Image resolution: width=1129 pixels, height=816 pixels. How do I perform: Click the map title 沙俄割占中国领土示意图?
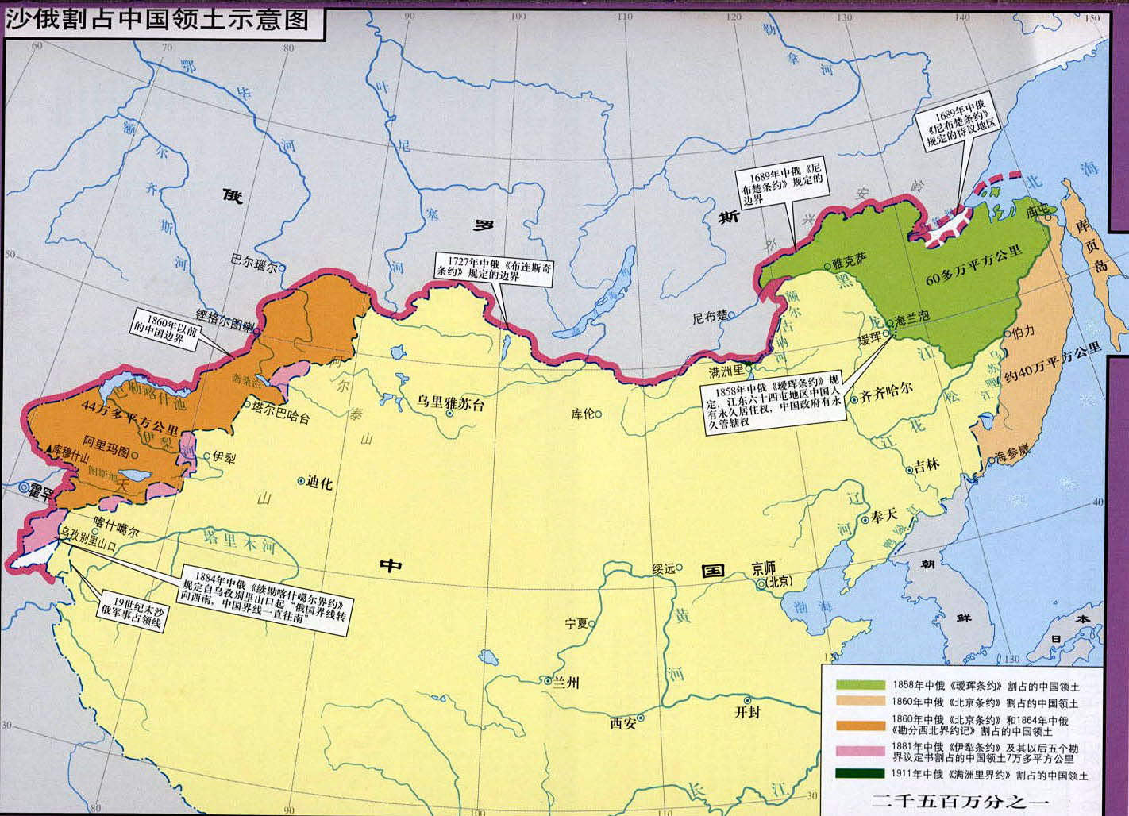[x=157, y=19]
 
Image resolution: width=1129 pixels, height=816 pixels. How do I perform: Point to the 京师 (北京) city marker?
[x=762, y=583]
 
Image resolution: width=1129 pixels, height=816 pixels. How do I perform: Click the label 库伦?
[x=582, y=414]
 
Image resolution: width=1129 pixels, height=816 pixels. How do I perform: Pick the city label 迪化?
[x=319, y=482]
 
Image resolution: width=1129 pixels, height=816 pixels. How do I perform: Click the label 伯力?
[x=1024, y=332]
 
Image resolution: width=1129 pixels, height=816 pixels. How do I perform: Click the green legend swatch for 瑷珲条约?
[x=859, y=685]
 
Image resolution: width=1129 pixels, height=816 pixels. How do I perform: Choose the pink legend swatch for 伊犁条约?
[x=859, y=750]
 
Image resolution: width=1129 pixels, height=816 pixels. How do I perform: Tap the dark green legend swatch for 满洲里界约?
[x=859, y=775]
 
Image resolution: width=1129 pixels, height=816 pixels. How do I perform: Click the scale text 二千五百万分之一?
[x=960, y=801]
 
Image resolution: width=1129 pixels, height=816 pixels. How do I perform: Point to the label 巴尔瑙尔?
[x=253, y=260]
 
